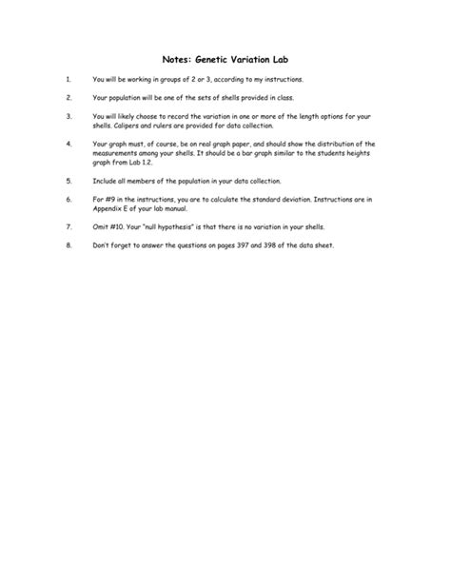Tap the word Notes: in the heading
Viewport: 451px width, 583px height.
click(x=167, y=58)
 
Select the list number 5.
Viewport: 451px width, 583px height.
click(x=69, y=180)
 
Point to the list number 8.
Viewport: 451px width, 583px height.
click(x=69, y=246)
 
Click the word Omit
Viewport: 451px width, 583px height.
click(x=101, y=227)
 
